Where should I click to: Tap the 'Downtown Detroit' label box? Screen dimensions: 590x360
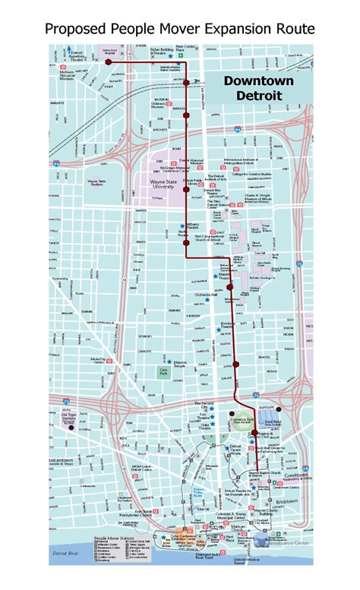coord(252,88)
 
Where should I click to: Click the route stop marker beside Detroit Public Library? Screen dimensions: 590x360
coord(186,190)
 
